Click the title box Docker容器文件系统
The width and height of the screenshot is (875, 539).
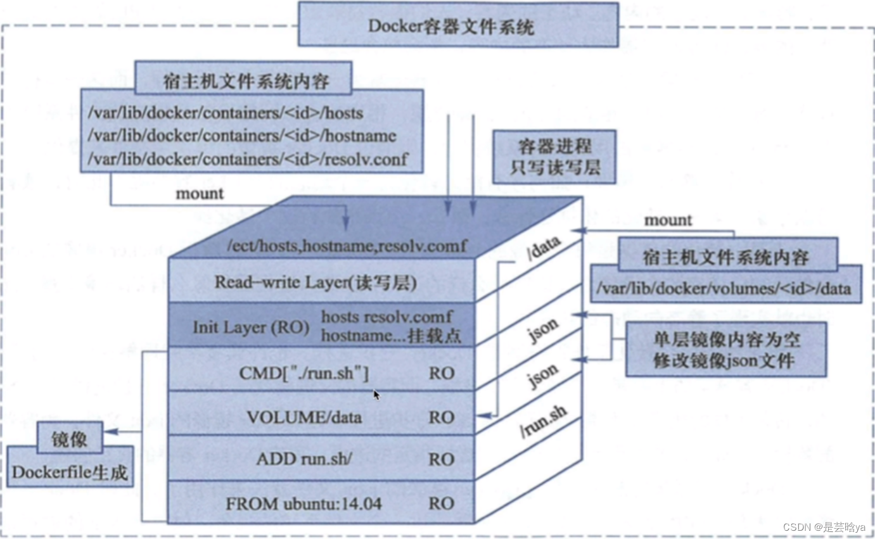458,25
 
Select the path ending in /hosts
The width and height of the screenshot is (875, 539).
226,113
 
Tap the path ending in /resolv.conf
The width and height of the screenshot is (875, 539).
248,158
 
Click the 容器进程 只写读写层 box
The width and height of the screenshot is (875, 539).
554,156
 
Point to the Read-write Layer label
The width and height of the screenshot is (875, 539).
316,282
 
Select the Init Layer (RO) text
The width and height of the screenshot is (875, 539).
251,327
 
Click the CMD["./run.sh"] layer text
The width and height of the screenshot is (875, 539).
304,372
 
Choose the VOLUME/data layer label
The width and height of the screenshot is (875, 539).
304,417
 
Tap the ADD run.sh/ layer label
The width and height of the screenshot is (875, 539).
304,459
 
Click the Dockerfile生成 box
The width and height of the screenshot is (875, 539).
70,472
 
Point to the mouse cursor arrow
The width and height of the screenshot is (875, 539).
376,395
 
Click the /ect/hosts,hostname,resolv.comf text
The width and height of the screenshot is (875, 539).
347,246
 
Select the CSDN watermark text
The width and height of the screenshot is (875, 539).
823,527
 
